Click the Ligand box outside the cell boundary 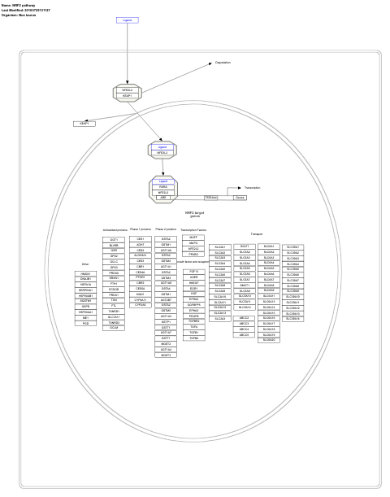coord(126,20)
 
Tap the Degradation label coord(223,63)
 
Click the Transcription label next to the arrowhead coord(252,188)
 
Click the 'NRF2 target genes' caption coord(194,214)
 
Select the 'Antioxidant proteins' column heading coord(114,229)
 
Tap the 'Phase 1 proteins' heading coord(140,229)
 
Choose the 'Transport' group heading coord(256,233)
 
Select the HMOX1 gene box coord(85,274)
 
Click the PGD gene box coord(85,323)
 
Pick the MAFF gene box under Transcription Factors coord(193,238)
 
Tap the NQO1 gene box coord(140,294)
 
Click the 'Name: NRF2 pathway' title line coord(18,5)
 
